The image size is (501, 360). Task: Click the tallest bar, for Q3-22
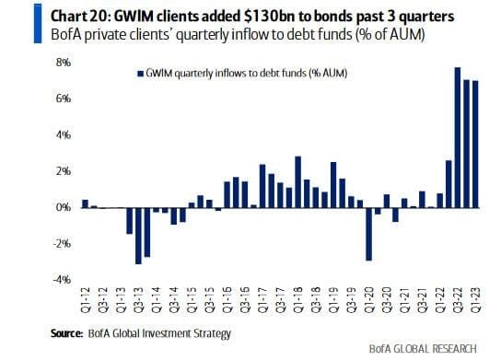[458, 138]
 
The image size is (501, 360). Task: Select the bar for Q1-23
[475, 145]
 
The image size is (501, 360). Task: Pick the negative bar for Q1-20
[368, 234]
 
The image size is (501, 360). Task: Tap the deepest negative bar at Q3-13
[138, 236]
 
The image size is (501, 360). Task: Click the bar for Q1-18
[297, 182]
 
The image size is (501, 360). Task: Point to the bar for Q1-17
[262, 186]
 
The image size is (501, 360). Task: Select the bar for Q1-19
[333, 185]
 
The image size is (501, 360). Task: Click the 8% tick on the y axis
[64, 63]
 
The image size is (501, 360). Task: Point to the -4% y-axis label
[62, 280]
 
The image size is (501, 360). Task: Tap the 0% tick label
[64, 208]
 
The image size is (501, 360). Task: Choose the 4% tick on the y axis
[64, 135]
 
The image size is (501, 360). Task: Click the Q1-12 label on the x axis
[86, 300]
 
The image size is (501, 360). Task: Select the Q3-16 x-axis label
[244, 300]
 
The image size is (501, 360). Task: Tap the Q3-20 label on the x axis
[387, 300]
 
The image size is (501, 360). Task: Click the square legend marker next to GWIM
[140, 74]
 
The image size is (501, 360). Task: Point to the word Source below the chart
[66, 333]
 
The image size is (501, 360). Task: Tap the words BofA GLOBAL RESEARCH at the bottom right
[423, 349]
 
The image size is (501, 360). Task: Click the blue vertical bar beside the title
[38, 23]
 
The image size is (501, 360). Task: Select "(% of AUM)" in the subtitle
[390, 34]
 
